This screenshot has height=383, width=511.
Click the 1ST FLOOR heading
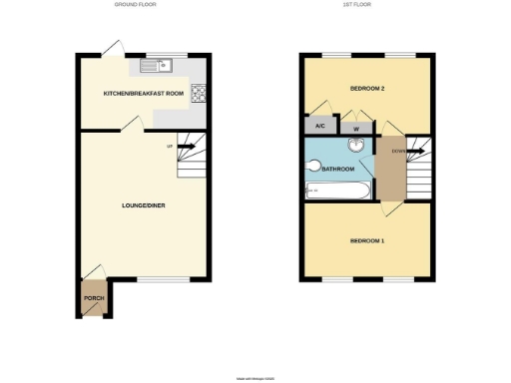pyautogui.click(x=357, y=5)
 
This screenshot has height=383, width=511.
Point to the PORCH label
pyautogui.click(x=94, y=298)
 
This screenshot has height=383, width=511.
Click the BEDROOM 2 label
pyautogui.click(x=367, y=89)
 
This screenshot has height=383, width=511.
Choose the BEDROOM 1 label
pyautogui.click(x=367, y=241)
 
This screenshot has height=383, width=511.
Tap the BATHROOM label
pyautogui.click(x=336, y=170)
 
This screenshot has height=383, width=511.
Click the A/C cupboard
pyautogui.click(x=319, y=127)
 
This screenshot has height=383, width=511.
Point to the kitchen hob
pyautogui.click(x=199, y=95)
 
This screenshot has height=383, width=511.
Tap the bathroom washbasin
pyautogui.click(x=355, y=146)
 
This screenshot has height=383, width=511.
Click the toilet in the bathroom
pyautogui.click(x=312, y=169)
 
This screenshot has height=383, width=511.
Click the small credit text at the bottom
pyautogui.click(x=255, y=378)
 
